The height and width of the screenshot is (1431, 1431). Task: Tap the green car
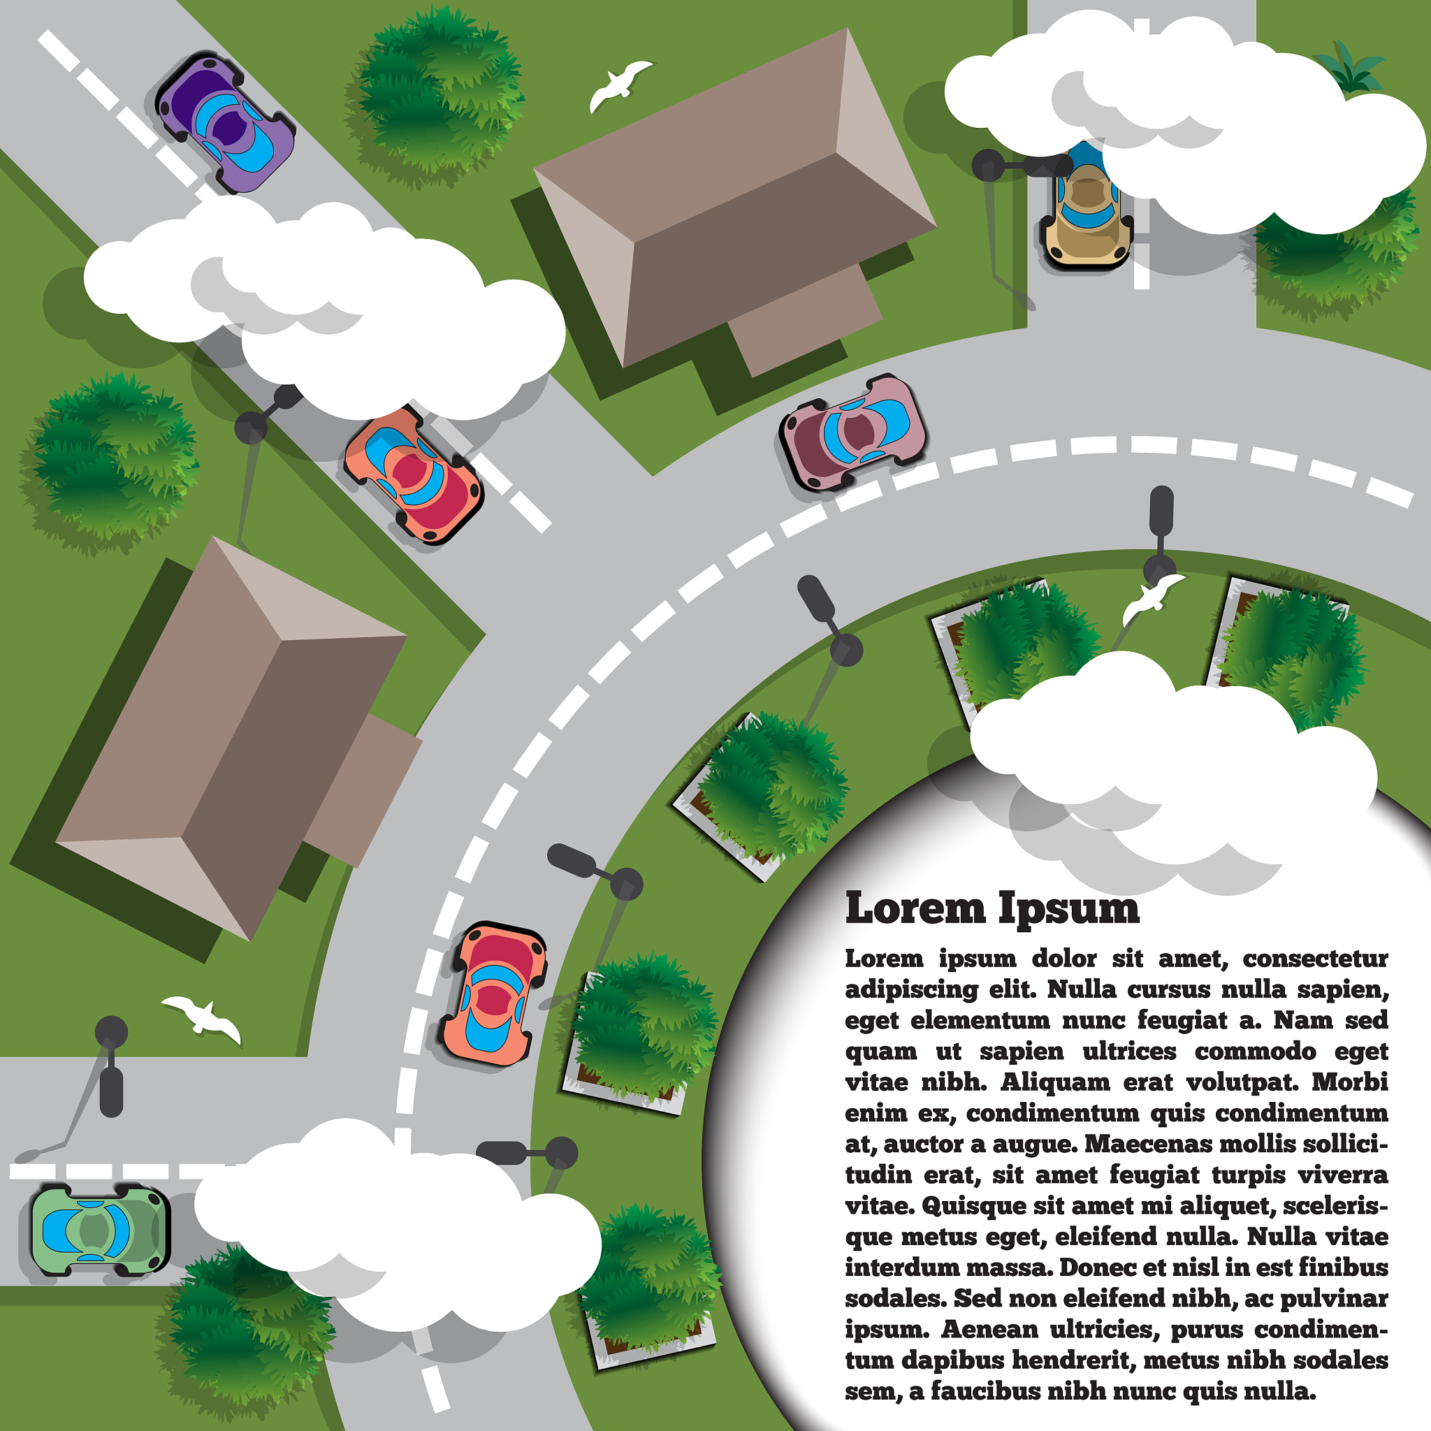100,1231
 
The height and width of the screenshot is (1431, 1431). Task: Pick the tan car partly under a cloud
1087,211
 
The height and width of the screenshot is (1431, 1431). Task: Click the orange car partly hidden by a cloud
414,474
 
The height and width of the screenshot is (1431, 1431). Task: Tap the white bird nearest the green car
201,1016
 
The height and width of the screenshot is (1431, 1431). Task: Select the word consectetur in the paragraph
1315,959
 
